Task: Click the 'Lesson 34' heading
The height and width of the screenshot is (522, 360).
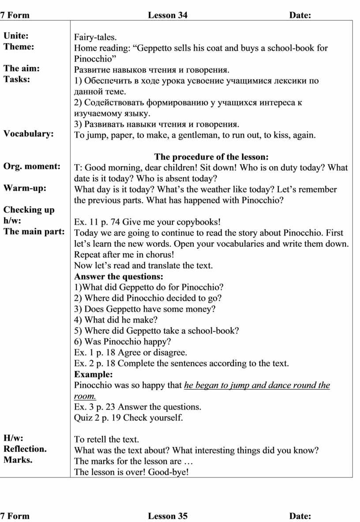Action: pos(168,15)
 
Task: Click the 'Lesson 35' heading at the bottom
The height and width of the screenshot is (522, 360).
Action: pos(168,516)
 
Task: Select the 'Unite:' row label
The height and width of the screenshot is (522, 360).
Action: pos(16,36)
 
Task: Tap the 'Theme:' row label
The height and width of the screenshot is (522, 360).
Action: pos(19,46)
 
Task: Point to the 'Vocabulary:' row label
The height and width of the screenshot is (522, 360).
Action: pos(29,134)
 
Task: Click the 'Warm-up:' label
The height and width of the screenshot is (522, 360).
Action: pos(25,188)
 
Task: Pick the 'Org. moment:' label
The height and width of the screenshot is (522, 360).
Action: pos(32,166)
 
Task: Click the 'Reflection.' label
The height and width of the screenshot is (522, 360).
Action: pos(25,449)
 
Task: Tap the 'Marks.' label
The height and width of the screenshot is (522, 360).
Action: pos(18,460)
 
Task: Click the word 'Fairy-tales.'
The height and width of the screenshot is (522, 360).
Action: pos(96,37)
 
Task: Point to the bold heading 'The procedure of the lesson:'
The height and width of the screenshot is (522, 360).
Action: pos(211,157)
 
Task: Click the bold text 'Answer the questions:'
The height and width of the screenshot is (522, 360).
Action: pos(119,277)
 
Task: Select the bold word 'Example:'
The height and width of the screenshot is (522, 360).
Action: pos(94,374)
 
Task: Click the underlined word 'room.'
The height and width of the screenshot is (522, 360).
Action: pos(85,396)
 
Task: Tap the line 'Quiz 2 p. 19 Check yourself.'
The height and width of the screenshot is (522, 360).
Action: pos(128,417)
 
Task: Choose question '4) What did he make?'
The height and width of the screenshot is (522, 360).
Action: pos(116,320)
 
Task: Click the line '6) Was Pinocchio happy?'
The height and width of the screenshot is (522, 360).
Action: pos(123,342)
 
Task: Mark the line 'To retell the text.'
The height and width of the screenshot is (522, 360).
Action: pos(106,439)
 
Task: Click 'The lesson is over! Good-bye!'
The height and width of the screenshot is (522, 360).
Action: pos(131,472)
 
